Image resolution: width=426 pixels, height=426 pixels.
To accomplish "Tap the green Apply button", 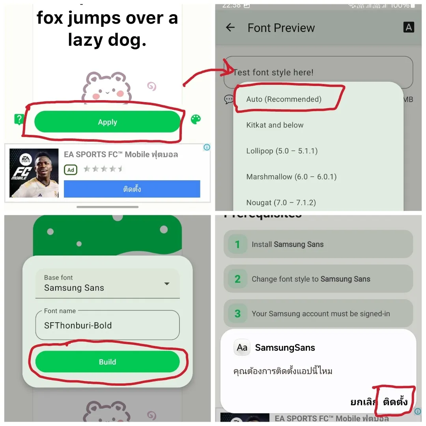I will [107, 122].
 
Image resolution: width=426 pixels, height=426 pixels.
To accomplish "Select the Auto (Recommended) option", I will [284, 99].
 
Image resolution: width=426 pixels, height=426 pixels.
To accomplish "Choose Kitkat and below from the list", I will [275, 125].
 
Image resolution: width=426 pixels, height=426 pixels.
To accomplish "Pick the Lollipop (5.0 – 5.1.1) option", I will [282, 151].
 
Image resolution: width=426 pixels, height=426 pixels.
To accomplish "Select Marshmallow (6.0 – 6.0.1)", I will [291, 177].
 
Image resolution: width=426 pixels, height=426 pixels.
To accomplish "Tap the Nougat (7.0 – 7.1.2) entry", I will [281, 202].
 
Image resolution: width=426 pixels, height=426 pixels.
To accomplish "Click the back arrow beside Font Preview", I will [230, 28].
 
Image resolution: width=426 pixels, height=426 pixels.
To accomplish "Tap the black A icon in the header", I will [409, 27].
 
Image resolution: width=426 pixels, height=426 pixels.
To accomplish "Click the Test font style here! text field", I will [318, 72].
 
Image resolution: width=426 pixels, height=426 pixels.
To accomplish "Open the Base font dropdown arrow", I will [167, 284].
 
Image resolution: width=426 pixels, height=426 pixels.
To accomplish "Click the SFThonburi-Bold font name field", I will [107, 325].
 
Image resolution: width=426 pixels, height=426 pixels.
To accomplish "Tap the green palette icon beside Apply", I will [196, 120].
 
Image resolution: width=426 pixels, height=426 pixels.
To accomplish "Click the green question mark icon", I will [19, 119].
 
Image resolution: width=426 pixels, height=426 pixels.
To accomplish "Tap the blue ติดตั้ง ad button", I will [132, 189].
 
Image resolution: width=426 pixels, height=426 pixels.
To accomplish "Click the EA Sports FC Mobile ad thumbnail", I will [34, 173].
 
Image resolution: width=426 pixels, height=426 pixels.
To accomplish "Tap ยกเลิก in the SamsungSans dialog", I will [363, 402].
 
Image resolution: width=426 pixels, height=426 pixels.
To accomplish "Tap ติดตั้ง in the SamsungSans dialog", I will [395, 402].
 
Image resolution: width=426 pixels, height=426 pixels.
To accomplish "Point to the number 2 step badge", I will [237, 279].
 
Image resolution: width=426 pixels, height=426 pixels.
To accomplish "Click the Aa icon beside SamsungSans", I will [242, 348].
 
